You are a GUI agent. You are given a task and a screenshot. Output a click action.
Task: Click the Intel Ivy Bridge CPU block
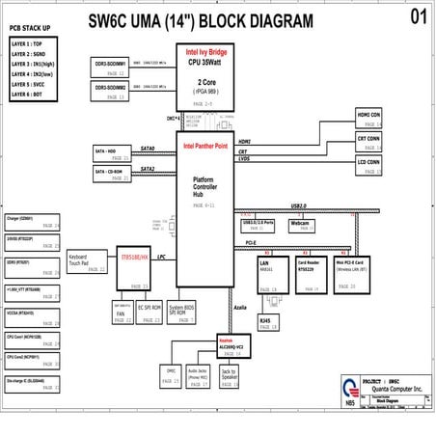click(x=208, y=77)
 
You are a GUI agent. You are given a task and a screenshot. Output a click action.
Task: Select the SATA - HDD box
click(x=114, y=153)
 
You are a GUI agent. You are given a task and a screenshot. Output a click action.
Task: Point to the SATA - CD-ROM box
click(x=114, y=174)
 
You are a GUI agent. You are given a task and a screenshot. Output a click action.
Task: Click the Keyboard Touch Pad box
click(x=86, y=262)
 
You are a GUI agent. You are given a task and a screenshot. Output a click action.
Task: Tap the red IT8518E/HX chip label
click(x=134, y=258)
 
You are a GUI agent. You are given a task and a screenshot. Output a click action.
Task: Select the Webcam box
click(x=303, y=226)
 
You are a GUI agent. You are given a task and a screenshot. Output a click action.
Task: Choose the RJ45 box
click(x=268, y=323)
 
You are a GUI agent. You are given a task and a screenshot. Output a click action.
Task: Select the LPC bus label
click(x=161, y=257)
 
